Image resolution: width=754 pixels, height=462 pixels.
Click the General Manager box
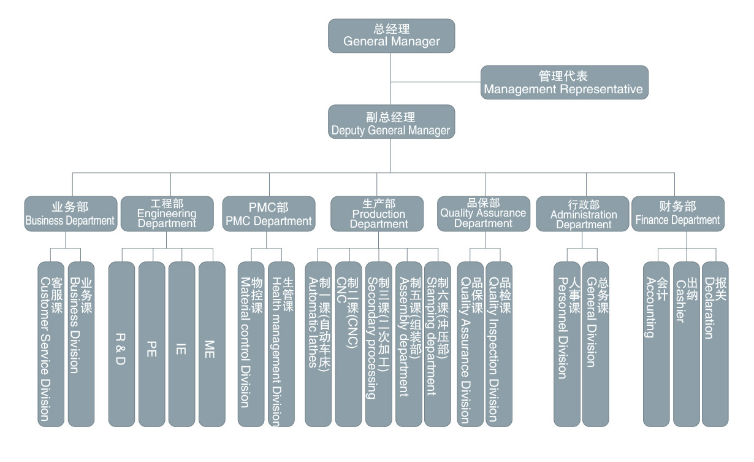click(x=391, y=36)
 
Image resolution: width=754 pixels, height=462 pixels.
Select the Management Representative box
click(x=564, y=82)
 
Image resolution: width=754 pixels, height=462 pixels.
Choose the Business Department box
click(x=70, y=214)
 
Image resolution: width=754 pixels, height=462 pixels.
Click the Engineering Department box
click(x=167, y=214)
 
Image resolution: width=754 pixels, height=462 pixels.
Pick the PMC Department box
click(x=268, y=214)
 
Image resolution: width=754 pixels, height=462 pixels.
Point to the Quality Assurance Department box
click(x=483, y=214)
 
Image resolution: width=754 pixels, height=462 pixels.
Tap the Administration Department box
click(x=583, y=214)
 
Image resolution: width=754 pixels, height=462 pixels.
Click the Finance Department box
click(x=677, y=214)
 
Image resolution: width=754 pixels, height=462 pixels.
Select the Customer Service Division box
click(x=50, y=344)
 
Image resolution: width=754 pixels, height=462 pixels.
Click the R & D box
click(x=121, y=344)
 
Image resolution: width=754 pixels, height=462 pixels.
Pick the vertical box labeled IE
click(x=181, y=344)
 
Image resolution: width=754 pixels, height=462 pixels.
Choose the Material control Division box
click(x=251, y=344)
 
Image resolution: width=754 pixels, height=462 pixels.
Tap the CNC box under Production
click(x=348, y=344)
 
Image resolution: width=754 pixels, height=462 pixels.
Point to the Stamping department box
click(x=438, y=344)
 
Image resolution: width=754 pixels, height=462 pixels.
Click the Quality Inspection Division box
click(x=499, y=344)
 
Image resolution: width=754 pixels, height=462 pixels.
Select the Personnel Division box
click(x=566, y=344)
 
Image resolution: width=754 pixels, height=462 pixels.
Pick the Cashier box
click(x=686, y=344)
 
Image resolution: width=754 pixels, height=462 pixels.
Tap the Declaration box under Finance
click(x=715, y=344)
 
